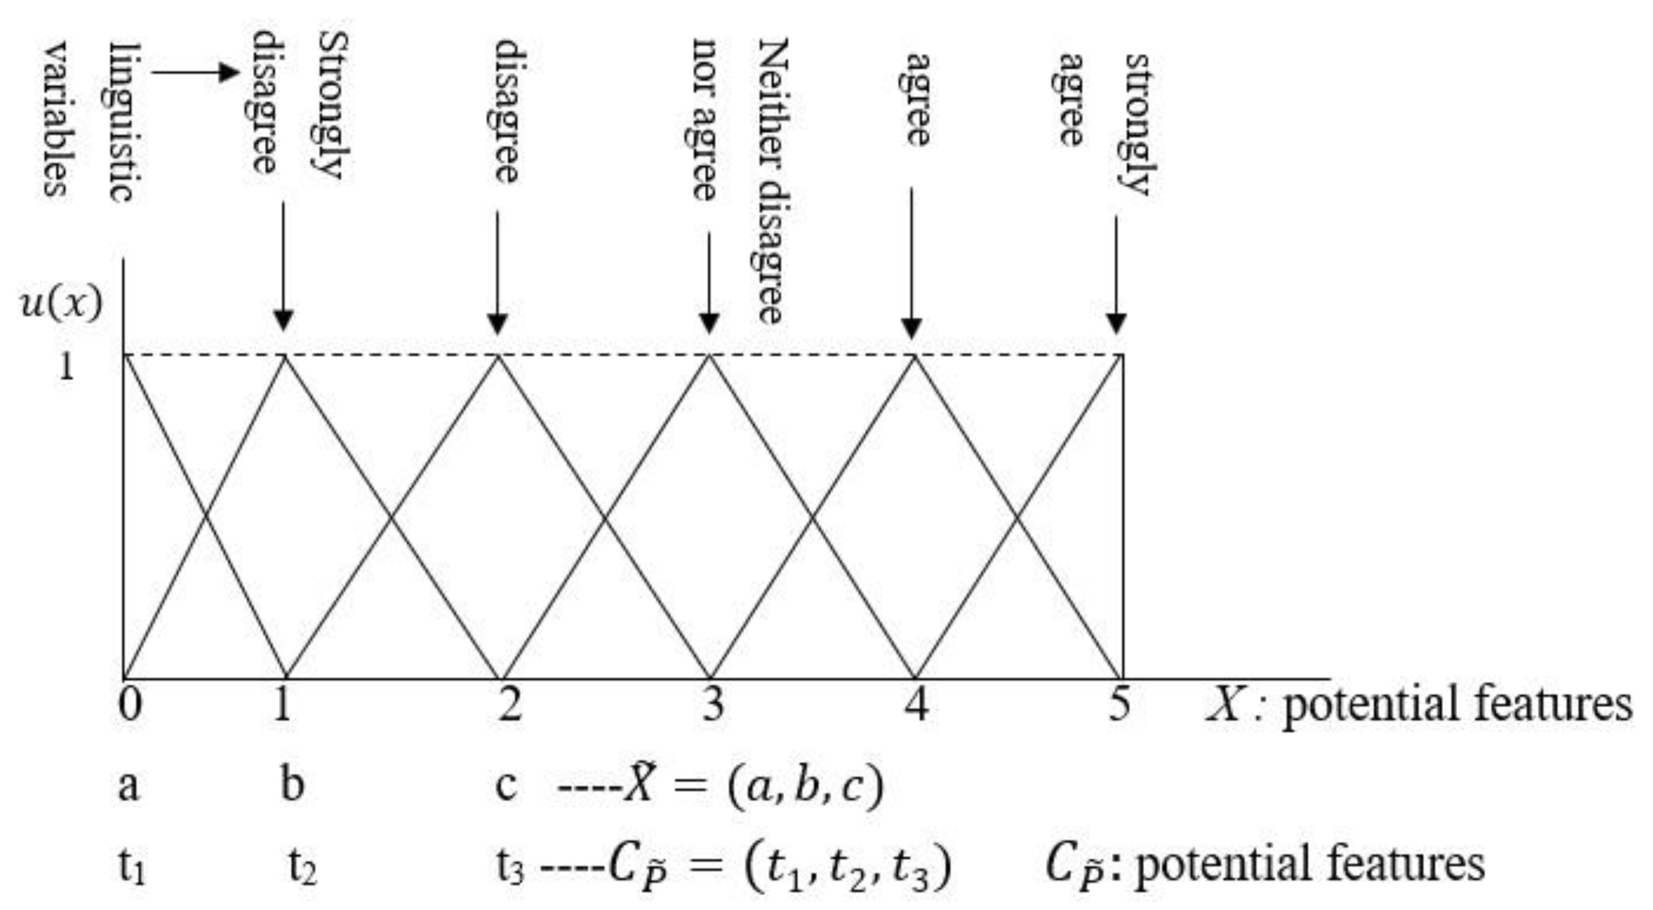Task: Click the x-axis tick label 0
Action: [129, 703]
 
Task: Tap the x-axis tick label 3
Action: [712, 703]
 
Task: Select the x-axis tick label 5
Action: [1119, 703]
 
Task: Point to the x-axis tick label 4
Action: [917, 703]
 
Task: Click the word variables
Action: [56, 119]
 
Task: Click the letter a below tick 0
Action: [128, 785]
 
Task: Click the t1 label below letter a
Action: [132, 866]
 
